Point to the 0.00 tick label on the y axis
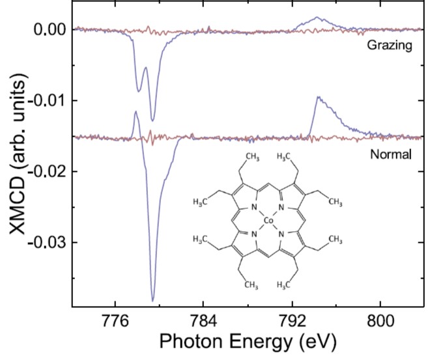pyautogui.click(x=49, y=29)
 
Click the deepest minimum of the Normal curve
pyautogui.click(x=153, y=301)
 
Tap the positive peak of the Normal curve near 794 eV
pyautogui.click(x=318, y=97)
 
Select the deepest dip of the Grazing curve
pyautogui.click(x=153, y=120)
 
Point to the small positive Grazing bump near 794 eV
pyautogui.click(x=317, y=18)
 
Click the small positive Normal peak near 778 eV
pyautogui.click(x=136, y=112)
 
